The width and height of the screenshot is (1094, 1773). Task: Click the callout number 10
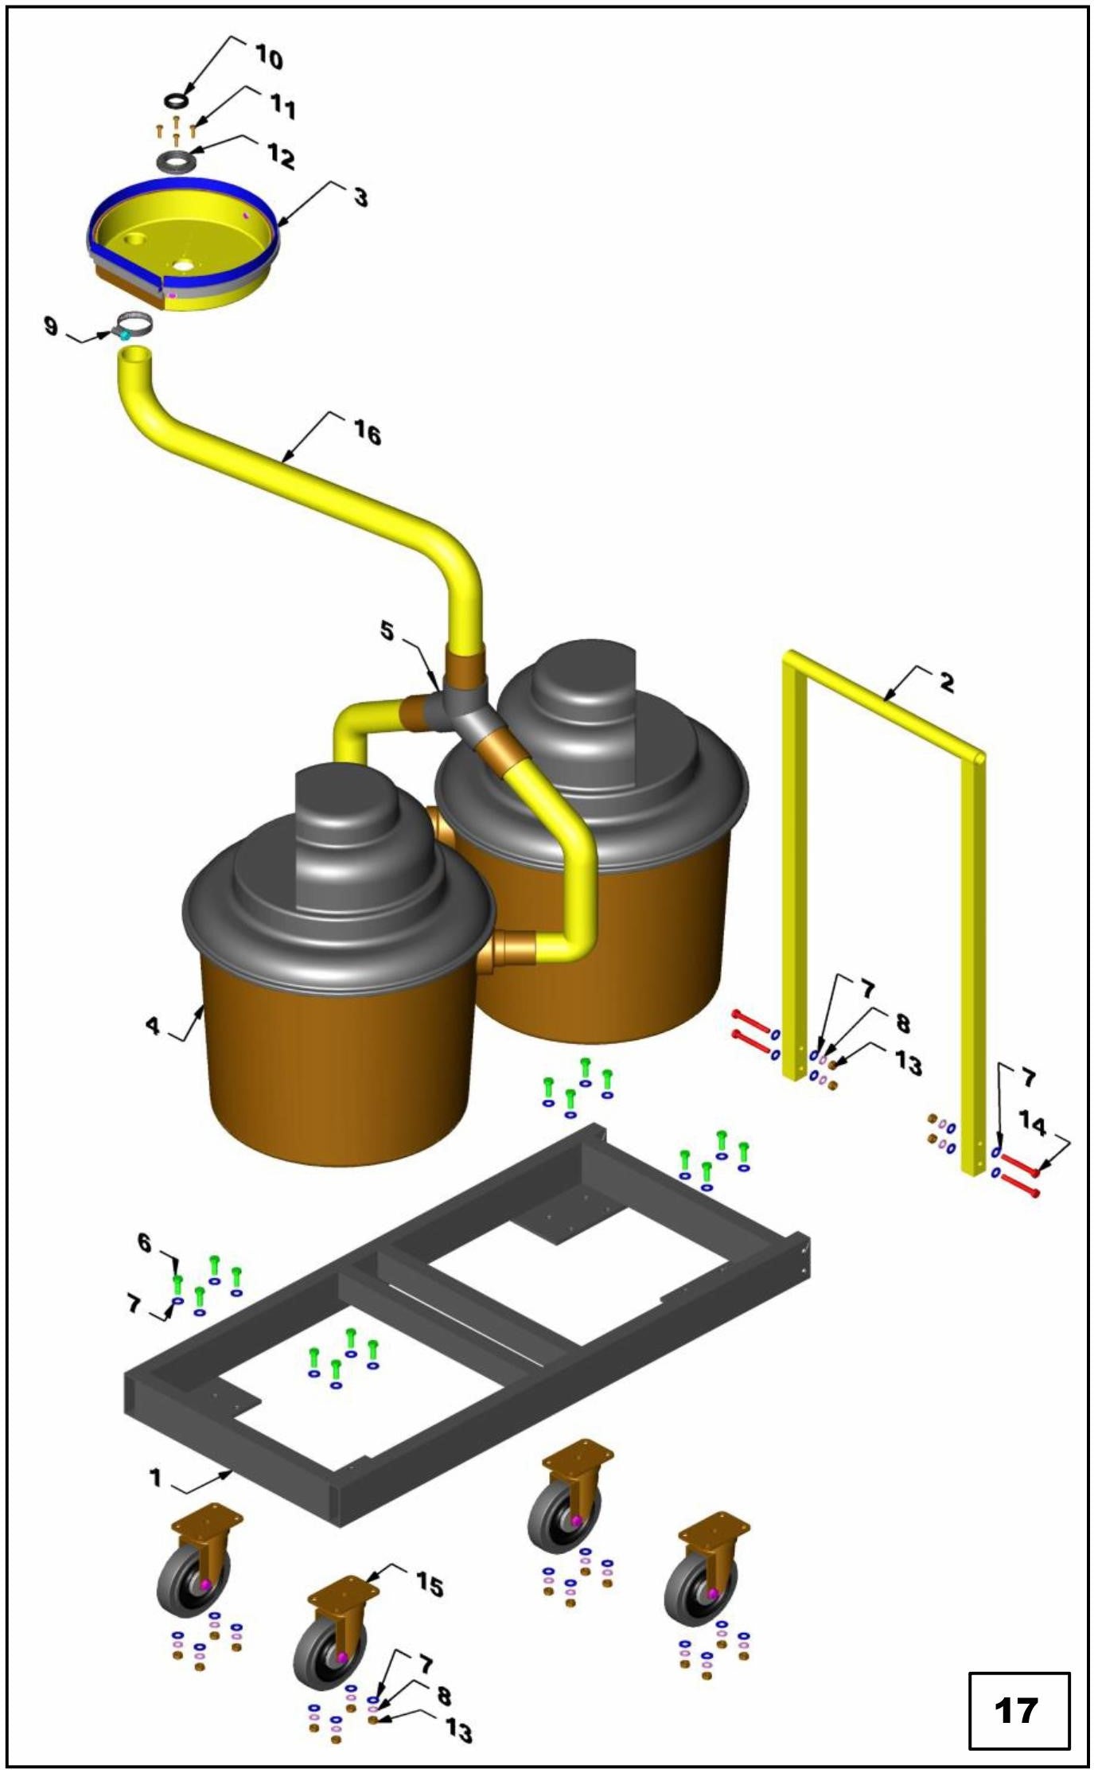pos(269,57)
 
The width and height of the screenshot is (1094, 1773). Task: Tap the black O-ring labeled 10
pos(176,101)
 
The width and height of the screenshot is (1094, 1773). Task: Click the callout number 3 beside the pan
pos(360,197)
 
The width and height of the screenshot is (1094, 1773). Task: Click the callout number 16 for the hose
pos(367,434)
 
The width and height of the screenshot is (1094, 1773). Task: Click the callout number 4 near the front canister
pos(153,1026)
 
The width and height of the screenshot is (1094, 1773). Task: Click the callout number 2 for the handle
pos(946,682)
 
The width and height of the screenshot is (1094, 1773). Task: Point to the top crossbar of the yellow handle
pos(883,703)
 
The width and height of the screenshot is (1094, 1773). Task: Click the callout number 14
pos(1032,1123)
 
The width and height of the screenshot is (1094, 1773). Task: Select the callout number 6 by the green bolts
pos(144,1242)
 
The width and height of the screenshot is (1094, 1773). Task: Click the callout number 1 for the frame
pos(155,1478)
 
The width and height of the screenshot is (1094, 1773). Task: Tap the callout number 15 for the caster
pos(430,1584)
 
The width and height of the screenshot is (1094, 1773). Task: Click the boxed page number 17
pos(1018,1710)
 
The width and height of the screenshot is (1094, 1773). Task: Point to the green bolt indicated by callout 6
pos(178,1282)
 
